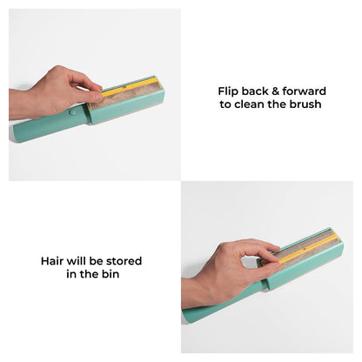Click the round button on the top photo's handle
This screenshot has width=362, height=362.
tap(70, 113)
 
